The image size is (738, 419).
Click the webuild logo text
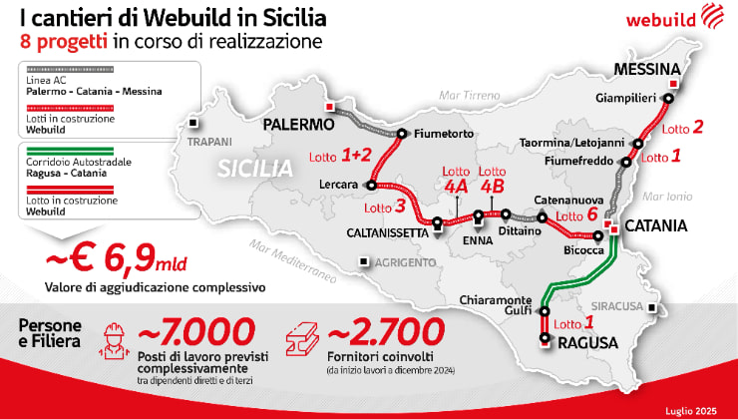pyautogui.click(x=659, y=18)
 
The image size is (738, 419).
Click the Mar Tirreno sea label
pyautogui.click(x=468, y=96)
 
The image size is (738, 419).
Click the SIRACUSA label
pyautogui.click(x=615, y=308)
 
